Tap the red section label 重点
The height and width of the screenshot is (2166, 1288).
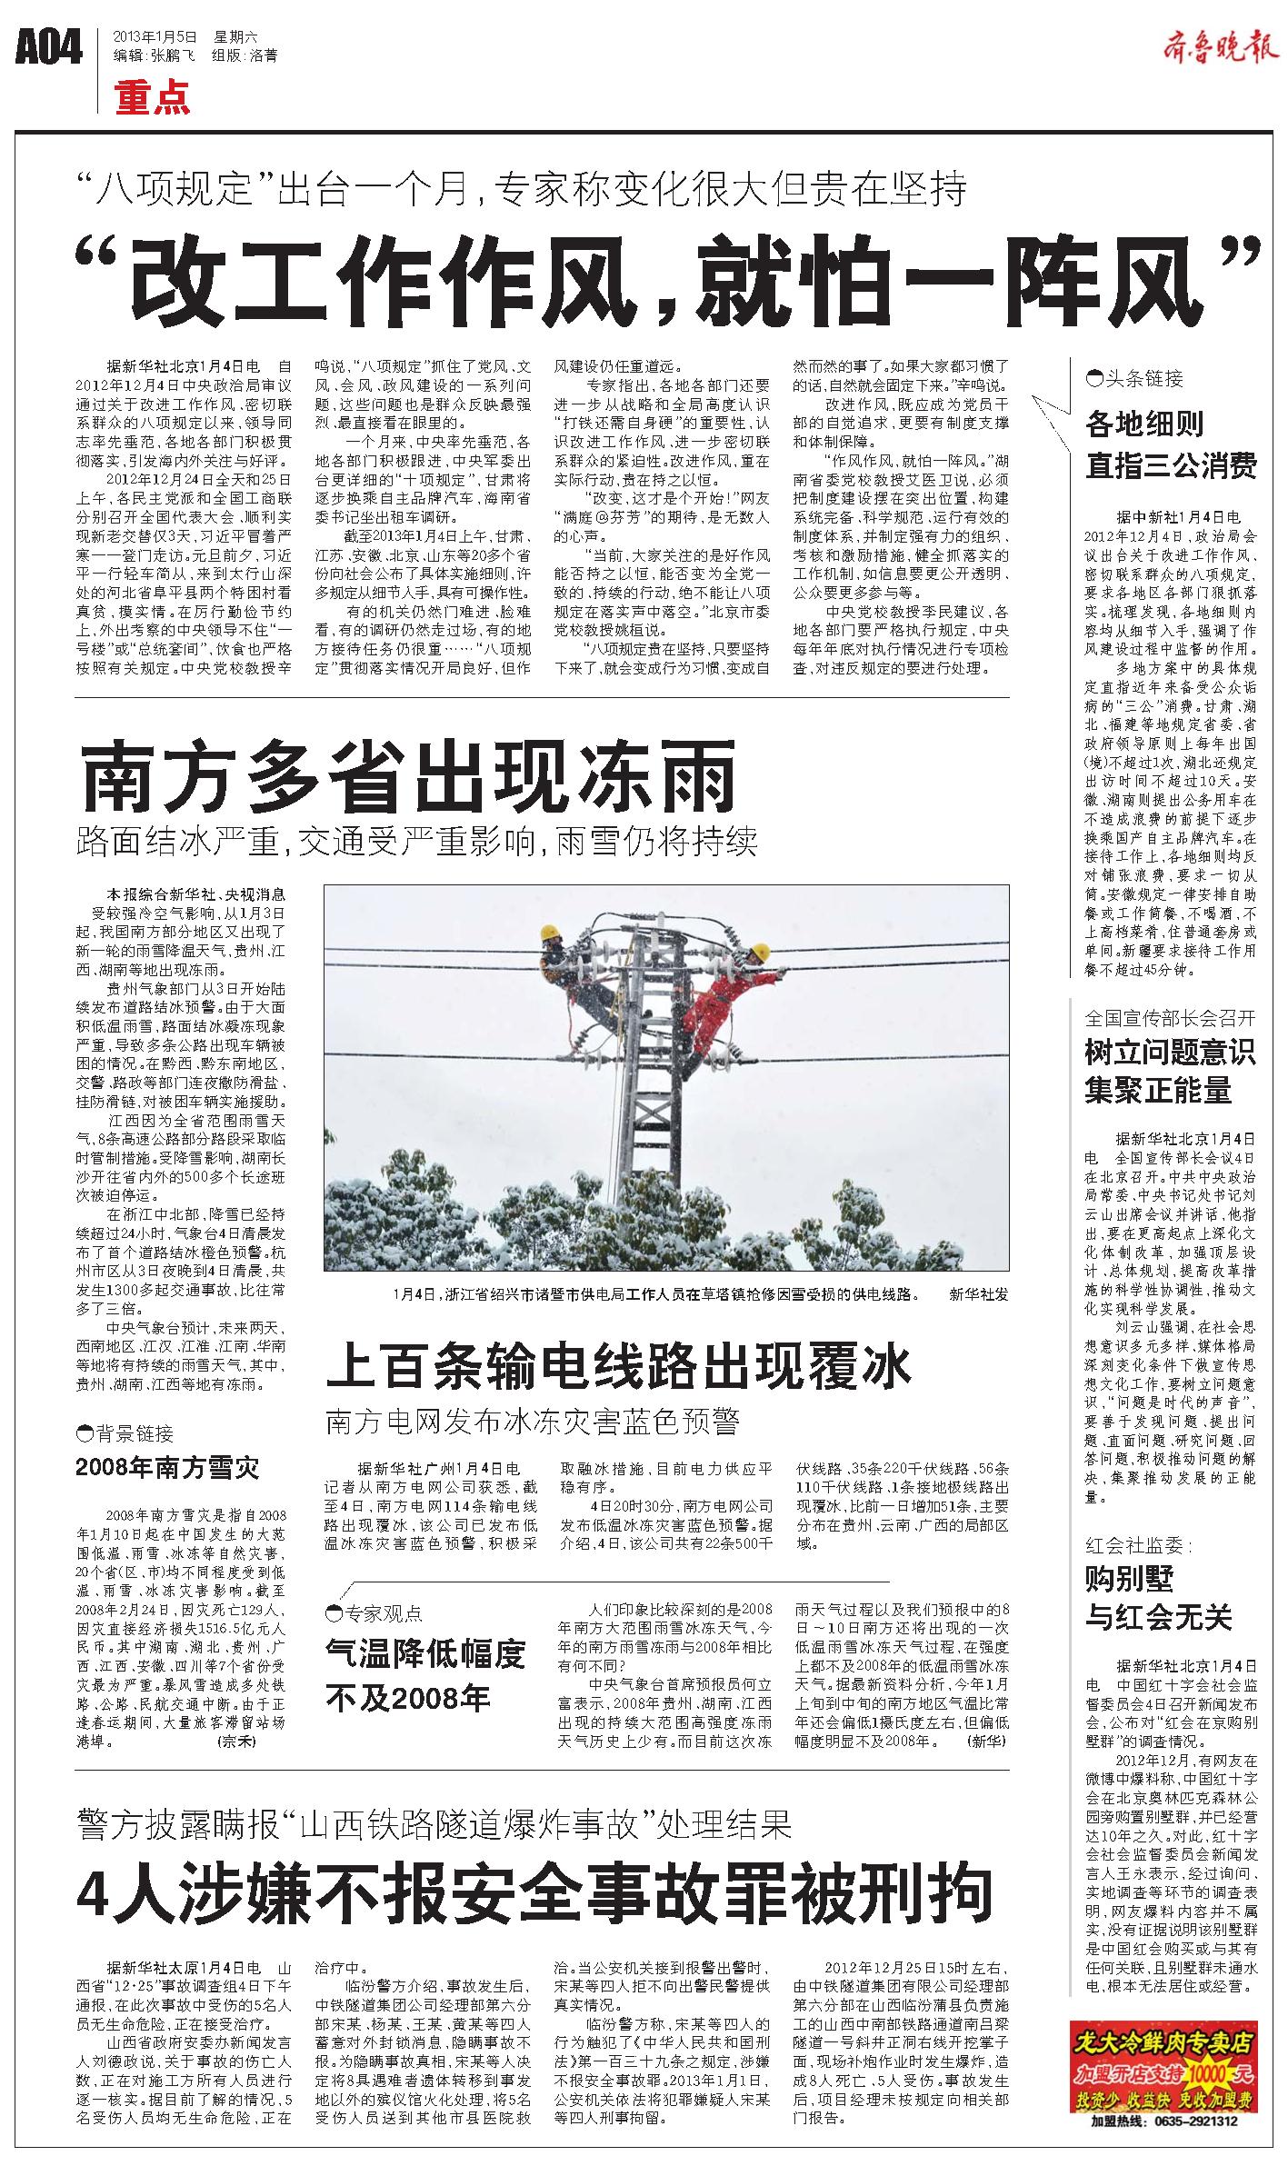[153, 97]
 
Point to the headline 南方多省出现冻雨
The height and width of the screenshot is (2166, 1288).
[408, 776]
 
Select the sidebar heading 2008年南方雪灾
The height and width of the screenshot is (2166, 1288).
[168, 1467]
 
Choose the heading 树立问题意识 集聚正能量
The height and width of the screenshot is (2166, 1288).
[1170, 1071]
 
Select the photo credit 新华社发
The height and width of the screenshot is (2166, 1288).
[978, 1293]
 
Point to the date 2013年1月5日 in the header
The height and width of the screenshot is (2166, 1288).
[155, 37]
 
